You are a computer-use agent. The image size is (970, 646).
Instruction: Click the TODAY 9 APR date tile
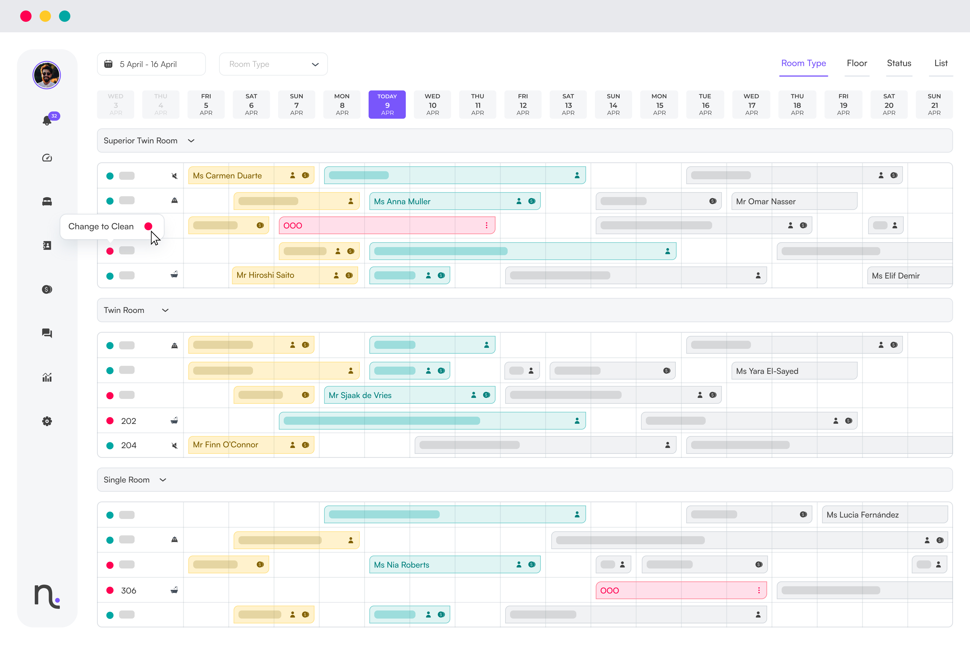(387, 104)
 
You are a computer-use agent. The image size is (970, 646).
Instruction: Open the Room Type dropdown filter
(273, 64)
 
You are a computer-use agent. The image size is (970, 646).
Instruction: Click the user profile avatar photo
(47, 75)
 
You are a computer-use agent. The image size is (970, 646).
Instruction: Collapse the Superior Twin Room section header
(191, 141)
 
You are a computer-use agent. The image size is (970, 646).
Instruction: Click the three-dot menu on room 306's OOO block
(758, 590)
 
